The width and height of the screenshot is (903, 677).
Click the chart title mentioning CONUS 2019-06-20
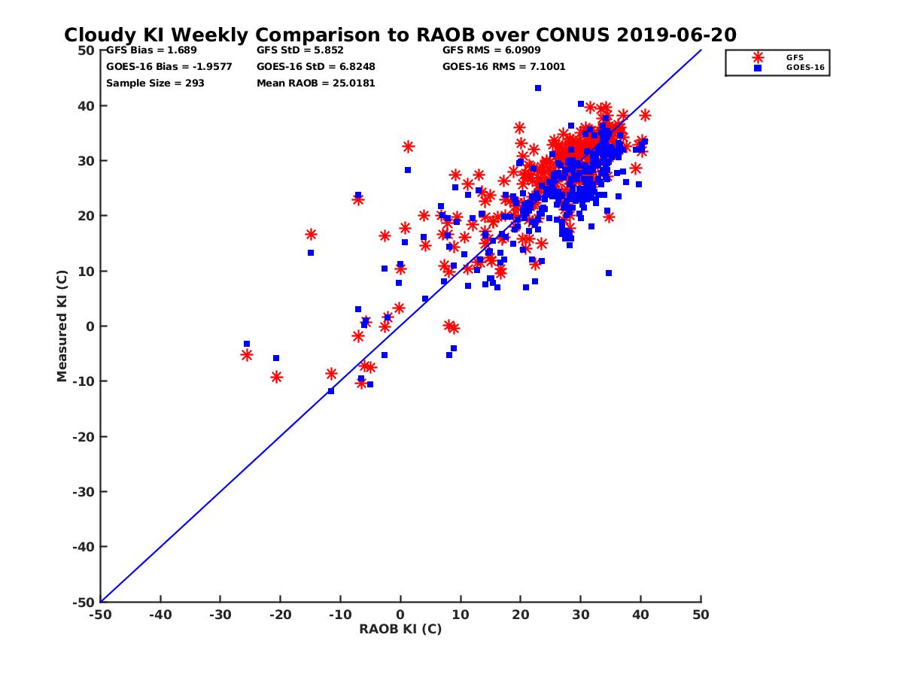(400, 35)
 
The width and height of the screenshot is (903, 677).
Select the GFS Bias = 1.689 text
(141, 50)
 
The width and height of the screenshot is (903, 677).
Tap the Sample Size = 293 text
(155, 83)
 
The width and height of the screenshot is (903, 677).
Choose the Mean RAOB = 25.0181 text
(315, 83)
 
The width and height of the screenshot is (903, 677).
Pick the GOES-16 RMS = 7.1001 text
(503, 66)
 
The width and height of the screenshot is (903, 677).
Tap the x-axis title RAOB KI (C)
(400, 629)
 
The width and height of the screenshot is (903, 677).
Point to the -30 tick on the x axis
(220, 615)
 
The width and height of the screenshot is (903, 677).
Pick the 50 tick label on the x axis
(701, 615)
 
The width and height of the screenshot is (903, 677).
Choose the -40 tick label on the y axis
(84, 547)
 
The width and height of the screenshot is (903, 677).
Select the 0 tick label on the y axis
(90, 326)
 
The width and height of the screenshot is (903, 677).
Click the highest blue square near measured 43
(538, 88)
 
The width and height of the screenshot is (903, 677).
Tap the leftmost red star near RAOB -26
(247, 355)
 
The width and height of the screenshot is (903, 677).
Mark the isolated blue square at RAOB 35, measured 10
(608, 273)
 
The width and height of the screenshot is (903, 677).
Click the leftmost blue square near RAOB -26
(247, 344)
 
